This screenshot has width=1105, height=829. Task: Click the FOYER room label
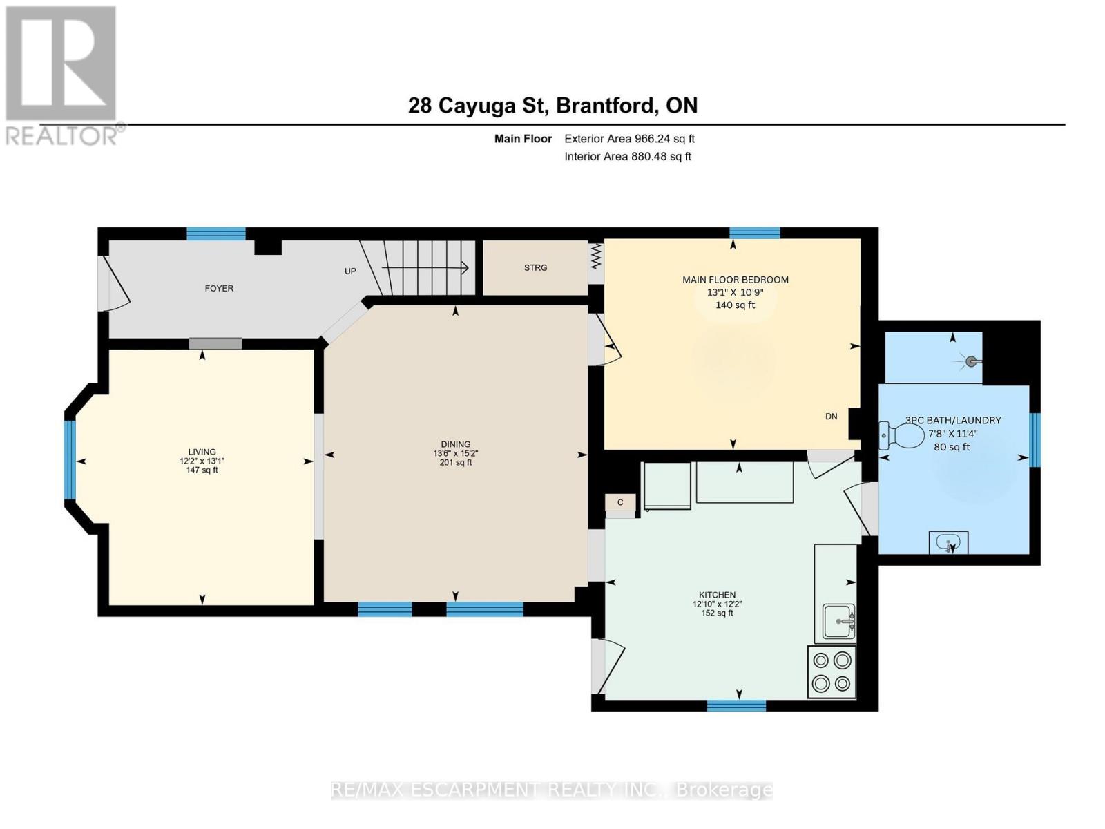point(219,288)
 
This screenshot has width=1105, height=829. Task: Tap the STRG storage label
point(535,267)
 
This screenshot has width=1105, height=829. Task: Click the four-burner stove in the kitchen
point(832,671)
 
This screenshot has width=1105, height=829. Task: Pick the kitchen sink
point(838,622)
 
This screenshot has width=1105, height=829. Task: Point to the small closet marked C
point(620,502)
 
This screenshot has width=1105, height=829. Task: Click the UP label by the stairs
point(350,271)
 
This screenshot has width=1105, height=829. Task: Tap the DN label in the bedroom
point(831,416)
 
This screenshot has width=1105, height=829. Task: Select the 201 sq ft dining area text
point(455,463)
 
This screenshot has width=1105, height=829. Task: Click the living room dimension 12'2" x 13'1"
point(202,461)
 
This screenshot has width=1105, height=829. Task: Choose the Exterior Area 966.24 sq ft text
point(629,139)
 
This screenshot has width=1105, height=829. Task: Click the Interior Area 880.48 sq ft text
point(627,157)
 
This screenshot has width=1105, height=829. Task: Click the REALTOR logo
point(61,75)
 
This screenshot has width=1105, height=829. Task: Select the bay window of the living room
point(70,459)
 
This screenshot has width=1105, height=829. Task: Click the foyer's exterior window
point(216,234)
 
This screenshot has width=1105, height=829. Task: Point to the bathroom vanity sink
point(948,542)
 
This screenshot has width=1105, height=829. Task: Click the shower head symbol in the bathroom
point(971,361)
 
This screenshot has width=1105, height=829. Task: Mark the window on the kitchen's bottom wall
point(736,705)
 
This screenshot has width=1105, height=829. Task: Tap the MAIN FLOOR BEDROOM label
point(735,280)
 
